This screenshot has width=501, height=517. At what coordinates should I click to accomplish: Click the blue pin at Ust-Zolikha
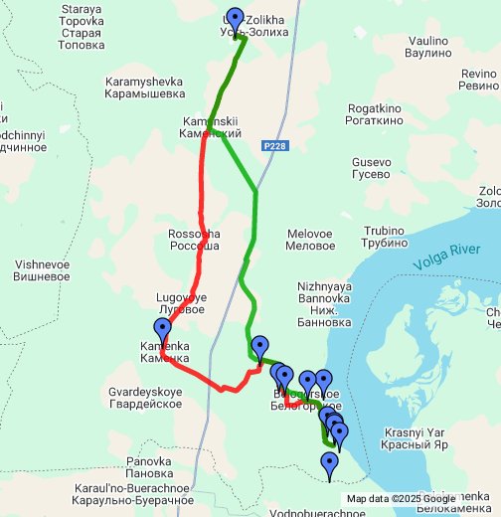coord(235,20)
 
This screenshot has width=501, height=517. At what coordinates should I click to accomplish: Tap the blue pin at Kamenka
coord(162,331)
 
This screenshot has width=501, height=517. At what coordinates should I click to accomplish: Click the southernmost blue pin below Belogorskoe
coord(329,463)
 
